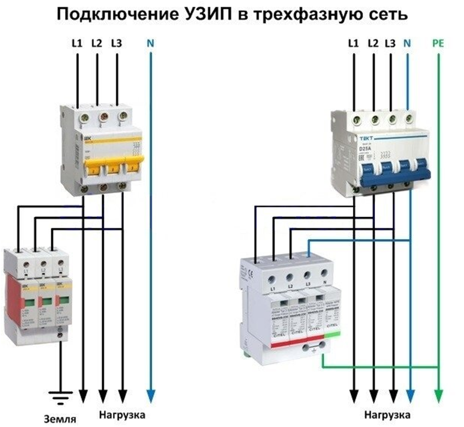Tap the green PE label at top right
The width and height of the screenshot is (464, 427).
click(438, 44)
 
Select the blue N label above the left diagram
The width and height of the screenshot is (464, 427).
click(150, 44)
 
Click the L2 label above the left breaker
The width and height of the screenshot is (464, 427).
click(97, 44)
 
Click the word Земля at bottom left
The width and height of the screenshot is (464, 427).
click(60, 419)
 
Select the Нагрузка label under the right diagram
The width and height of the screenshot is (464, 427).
click(388, 414)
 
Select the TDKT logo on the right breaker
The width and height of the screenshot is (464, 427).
click(366, 138)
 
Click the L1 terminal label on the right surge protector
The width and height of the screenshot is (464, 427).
click(272, 288)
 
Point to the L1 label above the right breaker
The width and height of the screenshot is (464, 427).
click(354, 44)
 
